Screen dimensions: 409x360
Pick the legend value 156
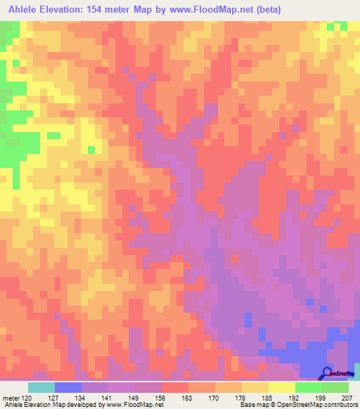(162, 397)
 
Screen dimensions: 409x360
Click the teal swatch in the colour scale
(41, 387)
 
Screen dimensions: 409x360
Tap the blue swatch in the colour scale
(68, 387)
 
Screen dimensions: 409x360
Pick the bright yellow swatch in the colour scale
(282, 387)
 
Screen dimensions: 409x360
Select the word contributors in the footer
(337, 405)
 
